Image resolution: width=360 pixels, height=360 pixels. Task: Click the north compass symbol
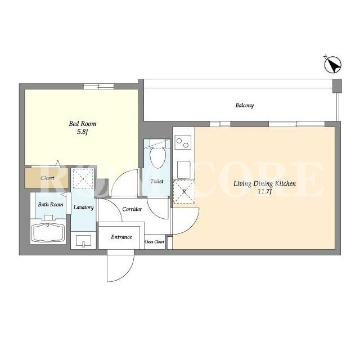332,65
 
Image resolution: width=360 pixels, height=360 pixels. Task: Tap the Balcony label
245,105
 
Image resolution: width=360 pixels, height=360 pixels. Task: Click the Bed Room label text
83,124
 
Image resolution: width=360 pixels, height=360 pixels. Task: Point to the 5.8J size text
83,132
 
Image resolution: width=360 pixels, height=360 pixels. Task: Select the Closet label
47,178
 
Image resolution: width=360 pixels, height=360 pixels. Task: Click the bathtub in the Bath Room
48,232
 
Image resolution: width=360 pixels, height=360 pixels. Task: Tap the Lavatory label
84,208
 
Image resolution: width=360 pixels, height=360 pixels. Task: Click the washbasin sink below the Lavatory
83,241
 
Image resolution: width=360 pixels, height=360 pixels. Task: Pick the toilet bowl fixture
157,157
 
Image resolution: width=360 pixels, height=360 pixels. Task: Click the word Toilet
157,181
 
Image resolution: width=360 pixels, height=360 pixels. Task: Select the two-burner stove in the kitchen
183,142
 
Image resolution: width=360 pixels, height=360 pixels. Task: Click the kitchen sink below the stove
184,169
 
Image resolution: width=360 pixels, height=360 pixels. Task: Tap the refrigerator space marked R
184,191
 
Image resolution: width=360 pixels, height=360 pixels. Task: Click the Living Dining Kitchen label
265,183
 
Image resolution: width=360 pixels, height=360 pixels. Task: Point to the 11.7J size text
265,191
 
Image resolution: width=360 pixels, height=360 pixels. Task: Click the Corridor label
132,209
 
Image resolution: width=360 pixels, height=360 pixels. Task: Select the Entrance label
121,237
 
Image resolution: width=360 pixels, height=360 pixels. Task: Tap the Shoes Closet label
154,242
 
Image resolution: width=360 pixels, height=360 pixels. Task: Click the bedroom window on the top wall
98,87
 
